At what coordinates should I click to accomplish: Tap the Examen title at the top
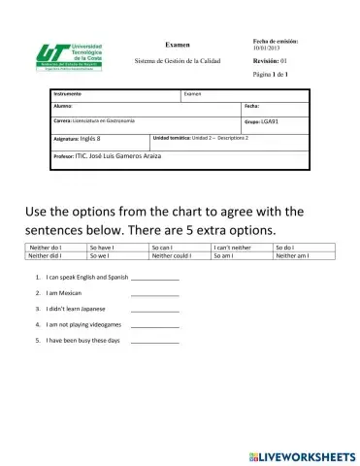tap(178, 45)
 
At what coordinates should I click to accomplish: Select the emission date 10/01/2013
tap(265, 49)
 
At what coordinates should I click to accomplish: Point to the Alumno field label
tap(63, 106)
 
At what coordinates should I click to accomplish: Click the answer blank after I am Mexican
tap(154, 293)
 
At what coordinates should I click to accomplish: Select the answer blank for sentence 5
tap(154, 343)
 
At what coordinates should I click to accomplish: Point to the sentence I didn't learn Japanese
tap(82, 309)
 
